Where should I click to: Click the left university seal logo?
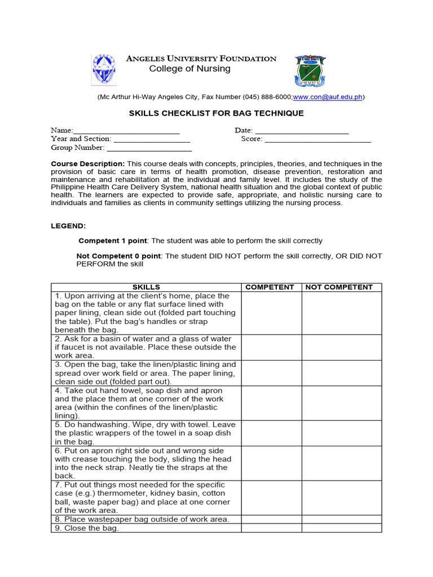tap(104, 70)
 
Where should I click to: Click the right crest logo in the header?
tap(310, 71)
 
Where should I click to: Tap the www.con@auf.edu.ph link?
tap(327, 97)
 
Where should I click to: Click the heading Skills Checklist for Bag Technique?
tap(216, 113)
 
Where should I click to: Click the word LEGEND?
tap(69, 225)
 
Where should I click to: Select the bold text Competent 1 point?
tap(112, 241)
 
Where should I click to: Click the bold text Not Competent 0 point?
tap(119, 256)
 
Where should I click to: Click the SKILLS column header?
tap(146, 287)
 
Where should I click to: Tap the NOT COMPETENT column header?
tap(339, 287)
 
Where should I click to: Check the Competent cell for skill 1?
tap(271, 313)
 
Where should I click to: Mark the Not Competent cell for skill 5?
tap(341, 433)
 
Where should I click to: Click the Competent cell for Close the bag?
tap(271, 528)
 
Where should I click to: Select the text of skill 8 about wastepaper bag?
tap(142, 519)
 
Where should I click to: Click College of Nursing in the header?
tap(189, 69)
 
